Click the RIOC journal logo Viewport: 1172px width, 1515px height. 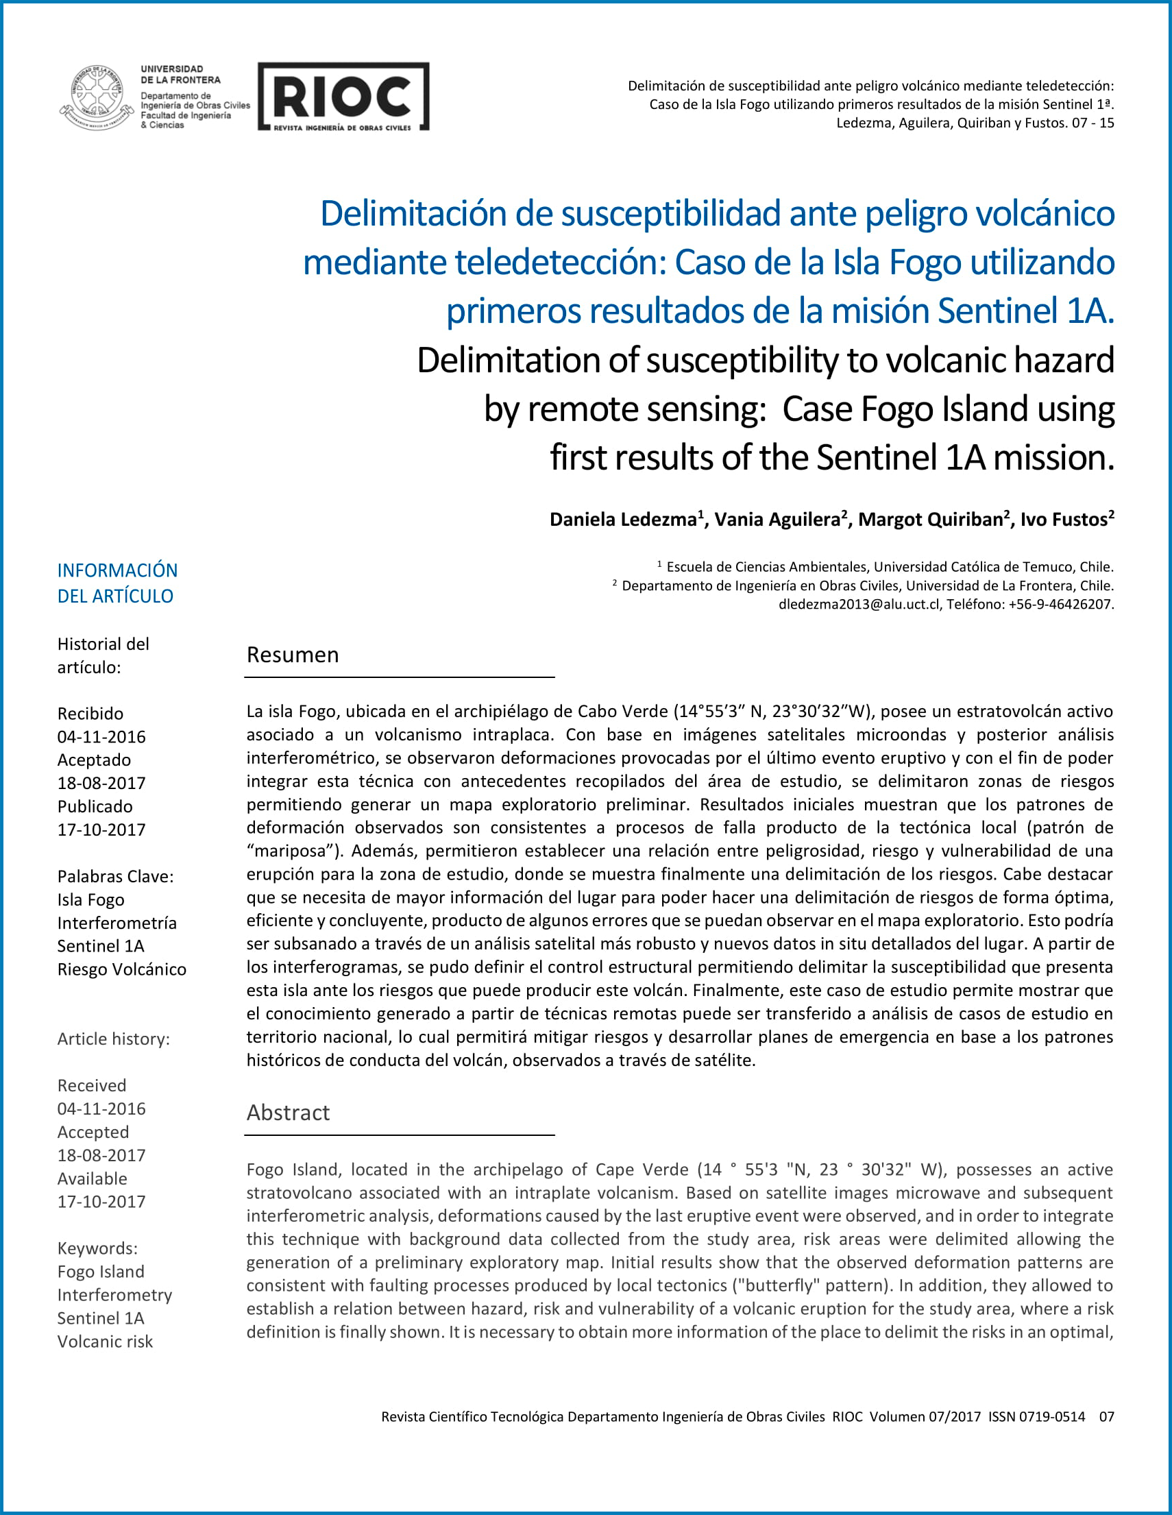(343, 97)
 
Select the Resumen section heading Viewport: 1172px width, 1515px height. (293, 655)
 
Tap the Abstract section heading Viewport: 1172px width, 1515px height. (288, 1113)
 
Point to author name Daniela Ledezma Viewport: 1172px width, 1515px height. (623, 520)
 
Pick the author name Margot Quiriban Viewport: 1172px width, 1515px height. (931, 520)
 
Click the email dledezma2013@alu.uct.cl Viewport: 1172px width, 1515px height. (859, 604)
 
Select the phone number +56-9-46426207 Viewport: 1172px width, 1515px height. (1060, 604)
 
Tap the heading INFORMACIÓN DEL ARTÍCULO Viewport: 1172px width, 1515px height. (117, 583)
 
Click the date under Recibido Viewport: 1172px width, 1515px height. (101, 737)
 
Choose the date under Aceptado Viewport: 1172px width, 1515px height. (101, 783)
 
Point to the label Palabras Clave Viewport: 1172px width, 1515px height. (115, 876)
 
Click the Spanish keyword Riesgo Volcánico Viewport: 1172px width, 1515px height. (121, 969)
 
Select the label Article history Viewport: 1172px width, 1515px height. (113, 1039)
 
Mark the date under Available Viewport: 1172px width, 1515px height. (101, 1202)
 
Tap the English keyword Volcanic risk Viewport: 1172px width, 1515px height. (105, 1342)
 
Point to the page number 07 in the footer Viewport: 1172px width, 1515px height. (1106, 1416)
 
